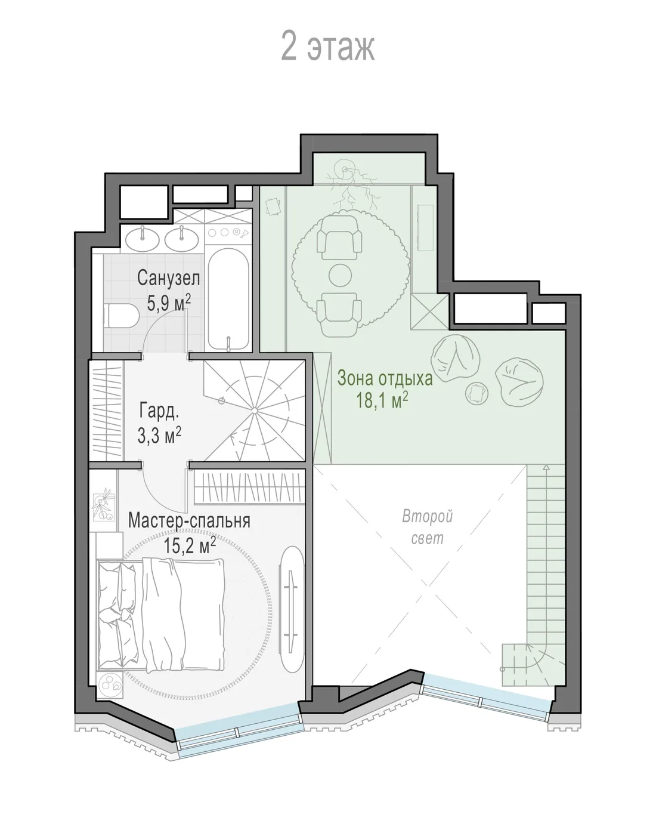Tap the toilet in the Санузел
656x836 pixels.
point(120,316)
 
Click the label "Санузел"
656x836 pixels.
point(168,277)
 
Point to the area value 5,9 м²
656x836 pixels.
point(169,303)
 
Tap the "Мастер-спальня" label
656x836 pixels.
point(189,520)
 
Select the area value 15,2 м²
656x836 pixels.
point(190,545)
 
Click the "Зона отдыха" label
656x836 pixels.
point(385,378)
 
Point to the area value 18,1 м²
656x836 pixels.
point(382,400)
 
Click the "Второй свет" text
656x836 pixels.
point(428,527)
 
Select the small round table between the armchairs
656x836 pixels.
point(341,275)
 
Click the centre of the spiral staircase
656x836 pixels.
point(255,411)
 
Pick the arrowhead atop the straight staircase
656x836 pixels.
point(546,467)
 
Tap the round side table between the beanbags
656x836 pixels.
point(477,393)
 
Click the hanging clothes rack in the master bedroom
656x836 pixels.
point(249,488)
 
